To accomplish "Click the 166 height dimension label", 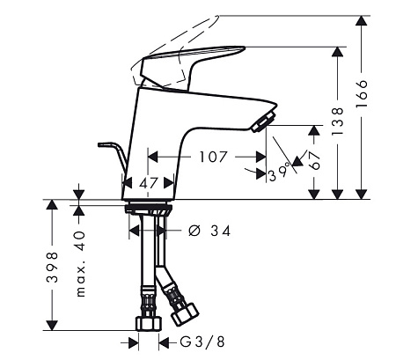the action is [x=362, y=93].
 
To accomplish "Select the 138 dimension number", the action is [x=337, y=121].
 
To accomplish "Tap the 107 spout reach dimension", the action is [x=213, y=157].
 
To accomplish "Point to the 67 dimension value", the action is [x=314, y=161].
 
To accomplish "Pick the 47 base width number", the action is [x=149, y=184].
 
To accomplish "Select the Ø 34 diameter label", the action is [x=209, y=231].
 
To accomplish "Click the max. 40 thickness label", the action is [x=80, y=264].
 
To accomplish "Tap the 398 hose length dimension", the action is [x=53, y=267].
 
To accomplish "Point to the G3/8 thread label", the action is [x=202, y=342].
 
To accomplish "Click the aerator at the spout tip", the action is [x=264, y=121].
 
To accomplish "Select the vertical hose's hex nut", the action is [x=149, y=324].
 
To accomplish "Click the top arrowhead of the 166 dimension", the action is [x=362, y=20].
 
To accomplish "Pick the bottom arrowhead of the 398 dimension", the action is [x=53, y=325].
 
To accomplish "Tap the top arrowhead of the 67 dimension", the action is [x=314, y=130].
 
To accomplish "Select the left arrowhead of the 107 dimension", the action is [x=153, y=157].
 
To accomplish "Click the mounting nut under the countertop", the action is [x=149, y=209].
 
